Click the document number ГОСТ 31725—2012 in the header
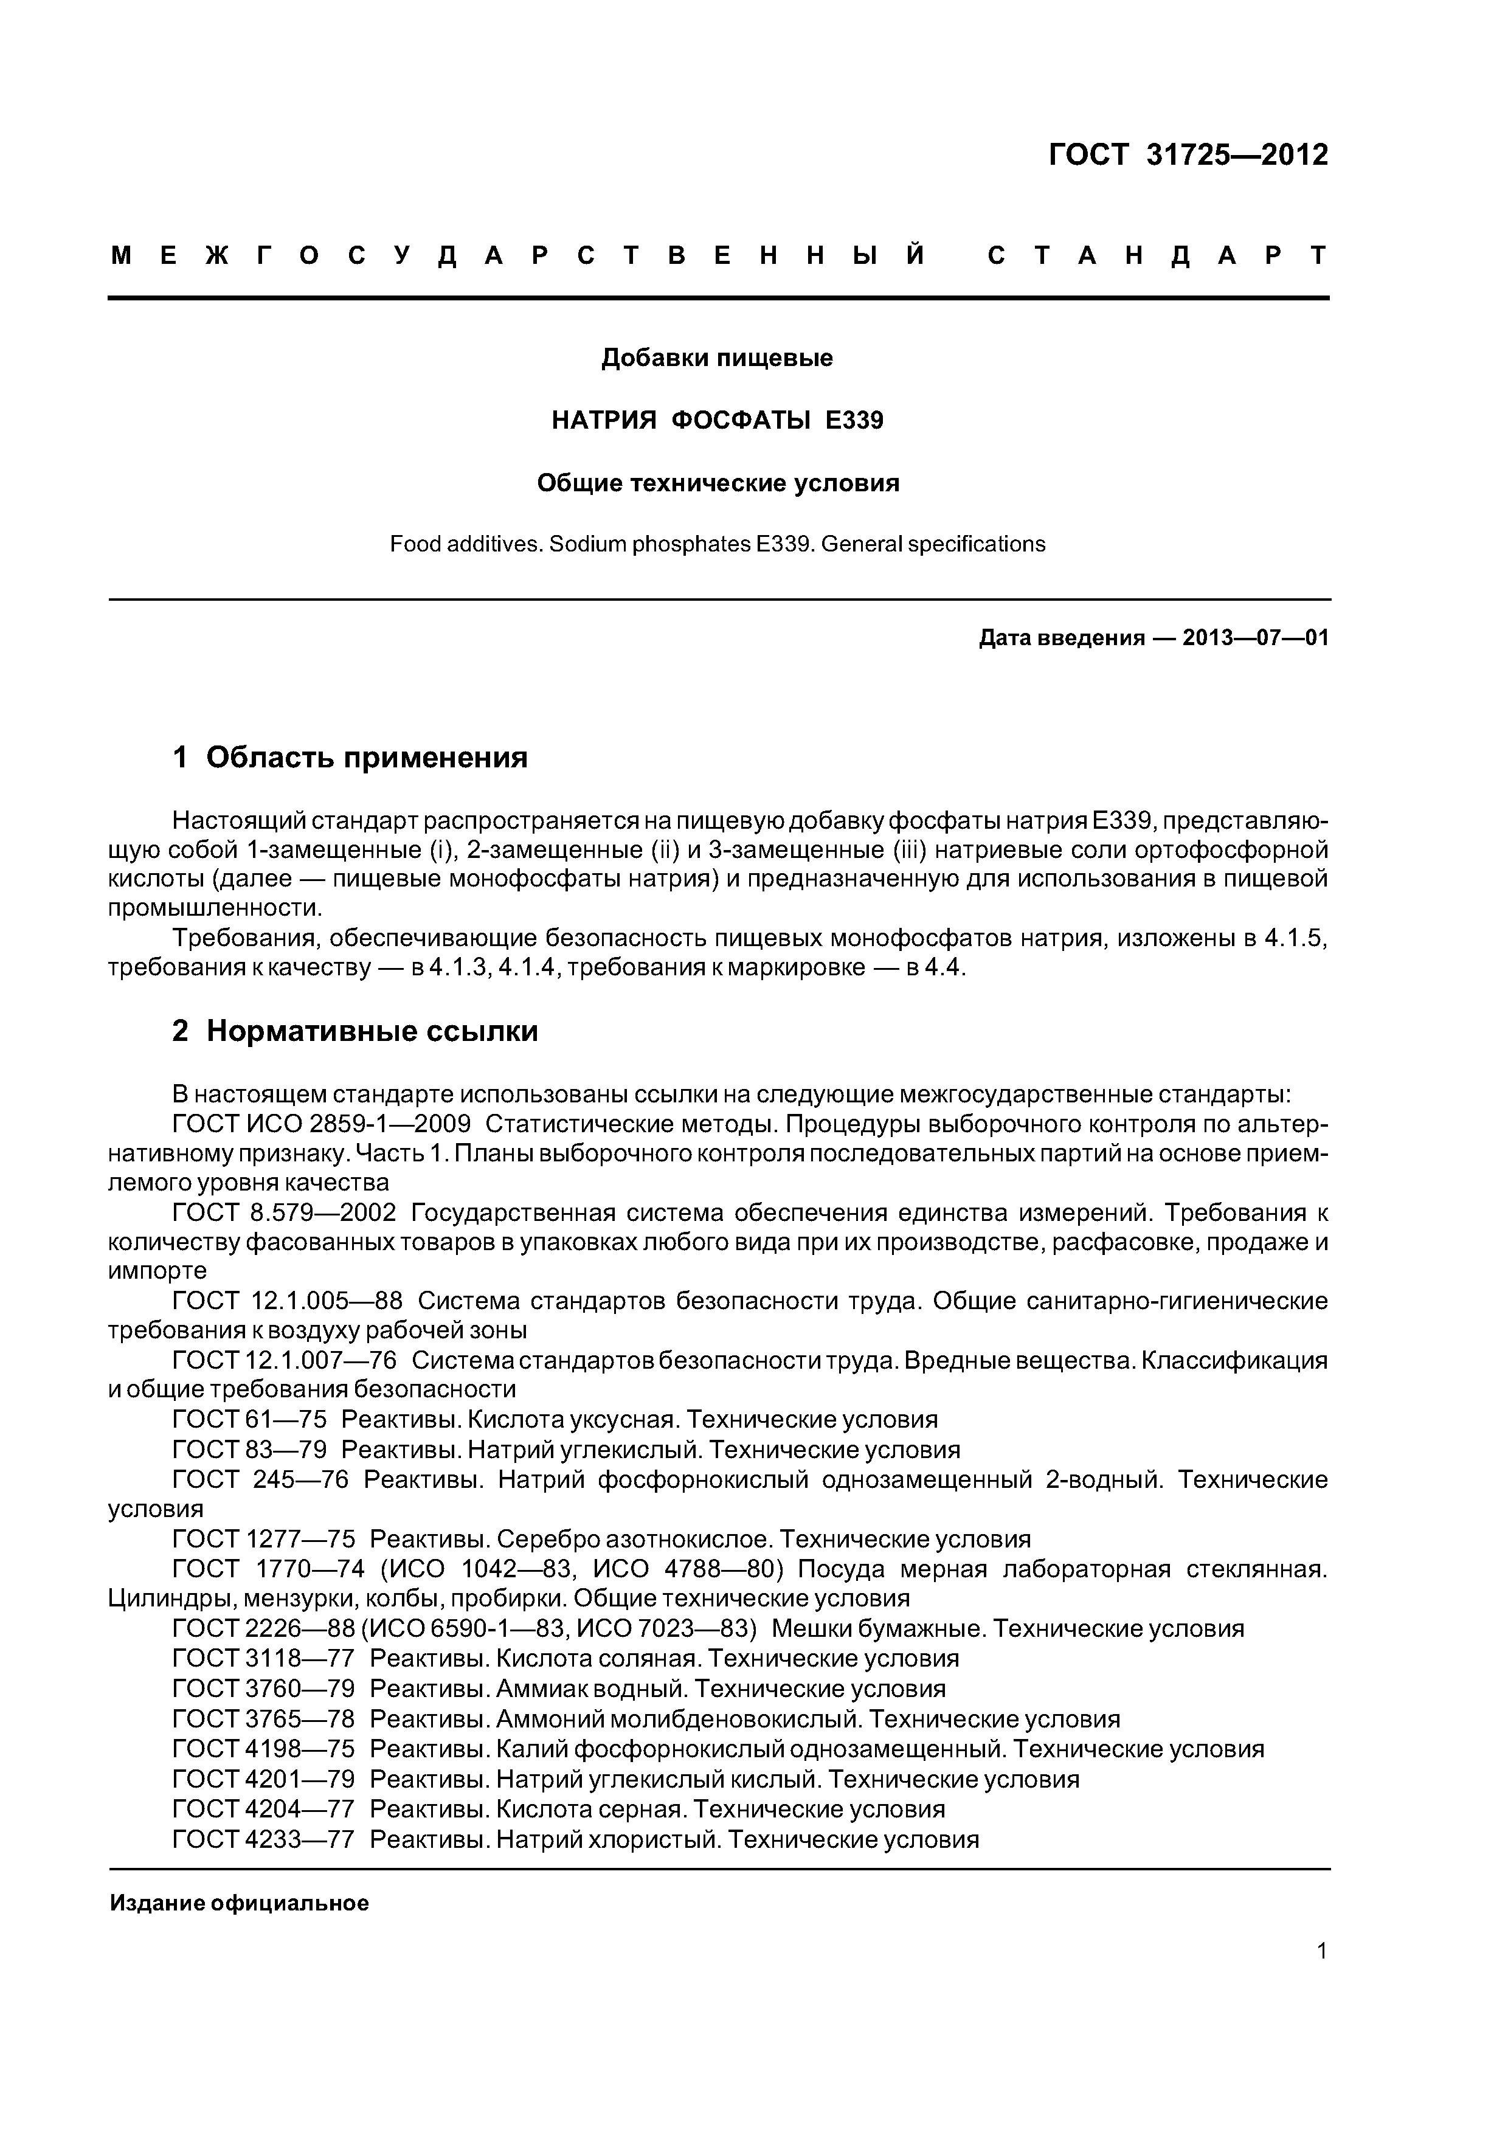pyautogui.click(x=1188, y=154)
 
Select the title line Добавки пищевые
pyautogui.click(x=716, y=358)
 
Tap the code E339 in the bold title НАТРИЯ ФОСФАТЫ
pyautogui.click(x=854, y=421)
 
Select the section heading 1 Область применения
pyautogui.click(x=350, y=757)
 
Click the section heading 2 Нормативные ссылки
pyautogui.click(x=355, y=1030)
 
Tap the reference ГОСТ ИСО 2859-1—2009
pyautogui.click(x=322, y=1124)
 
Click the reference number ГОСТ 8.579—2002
pyautogui.click(x=285, y=1212)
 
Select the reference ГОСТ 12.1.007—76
pyautogui.click(x=285, y=1360)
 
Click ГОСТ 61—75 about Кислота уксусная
pyautogui.click(x=250, y=1420)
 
